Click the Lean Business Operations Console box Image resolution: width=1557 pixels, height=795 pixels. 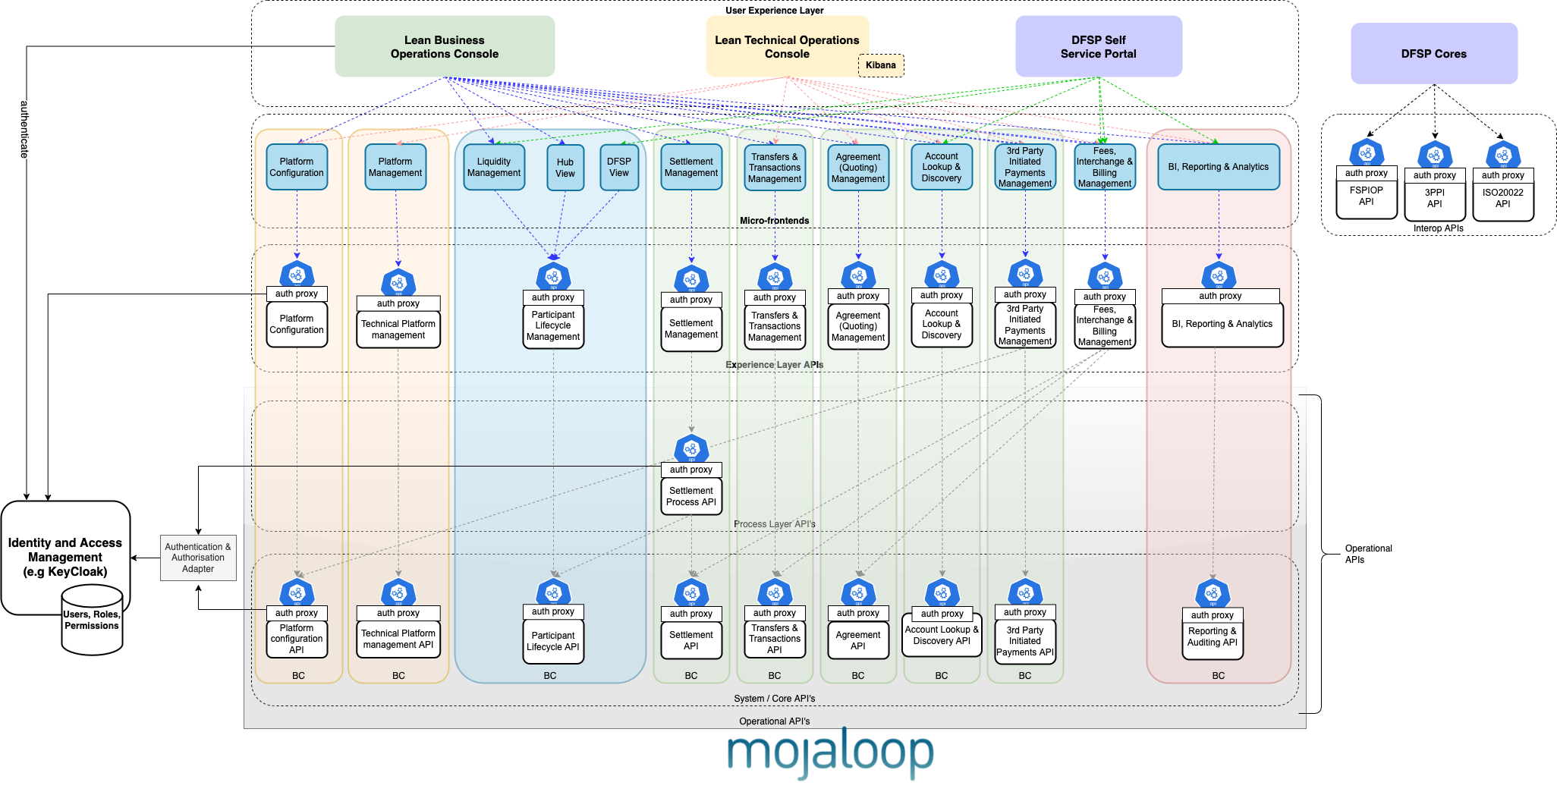[x=445, y=47]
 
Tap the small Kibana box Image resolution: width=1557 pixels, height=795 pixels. [x=881, y=65]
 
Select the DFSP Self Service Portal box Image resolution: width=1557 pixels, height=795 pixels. [x=1098, y=47]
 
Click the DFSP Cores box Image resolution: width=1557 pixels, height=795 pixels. [x=1433, y=54]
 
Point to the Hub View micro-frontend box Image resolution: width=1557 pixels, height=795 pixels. [x=565, y=168]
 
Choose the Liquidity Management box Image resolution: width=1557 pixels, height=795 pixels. [x=494, y=168]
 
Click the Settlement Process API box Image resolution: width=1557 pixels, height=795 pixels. [x=691, y=497]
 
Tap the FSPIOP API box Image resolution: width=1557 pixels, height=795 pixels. [x=1366, y=196]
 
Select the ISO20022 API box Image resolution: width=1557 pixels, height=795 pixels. [x=1502, y=199]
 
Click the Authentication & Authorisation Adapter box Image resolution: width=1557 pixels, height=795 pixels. [x=198, y=558]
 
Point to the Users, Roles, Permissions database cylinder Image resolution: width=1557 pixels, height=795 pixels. [x=92, y=620]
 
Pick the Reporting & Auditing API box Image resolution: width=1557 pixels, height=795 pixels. [x=1212, y=637]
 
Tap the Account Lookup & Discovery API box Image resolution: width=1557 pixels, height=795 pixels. [x=942, y=636]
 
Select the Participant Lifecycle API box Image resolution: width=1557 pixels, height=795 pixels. [x=553, y=642]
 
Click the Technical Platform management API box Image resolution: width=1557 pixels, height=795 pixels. [x=398, y=639]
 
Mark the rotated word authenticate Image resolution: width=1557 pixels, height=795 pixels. [x=24, y=130]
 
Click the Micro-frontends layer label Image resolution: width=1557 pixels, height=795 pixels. [x=774, y=221]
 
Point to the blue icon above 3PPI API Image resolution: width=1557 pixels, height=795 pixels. [x=1434, y=155]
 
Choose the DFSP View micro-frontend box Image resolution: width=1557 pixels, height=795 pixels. [x=619, y=168]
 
